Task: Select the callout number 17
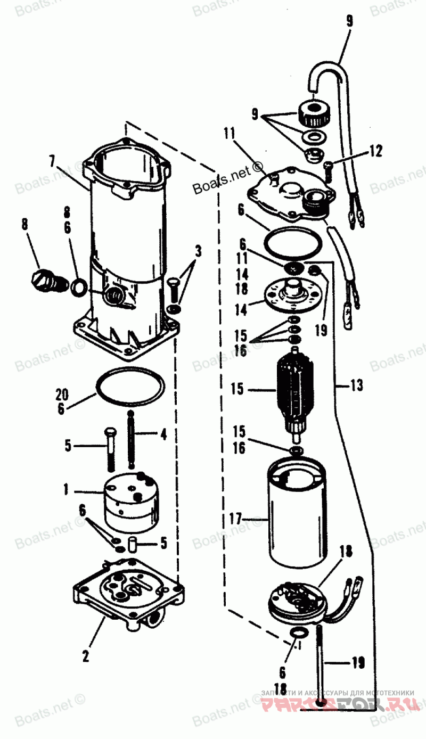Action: point(236,517)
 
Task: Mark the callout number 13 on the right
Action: point(356,384)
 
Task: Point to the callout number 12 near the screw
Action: point(375,152)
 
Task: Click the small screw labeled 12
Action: point(328,168)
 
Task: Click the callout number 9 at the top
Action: point(349,21)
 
